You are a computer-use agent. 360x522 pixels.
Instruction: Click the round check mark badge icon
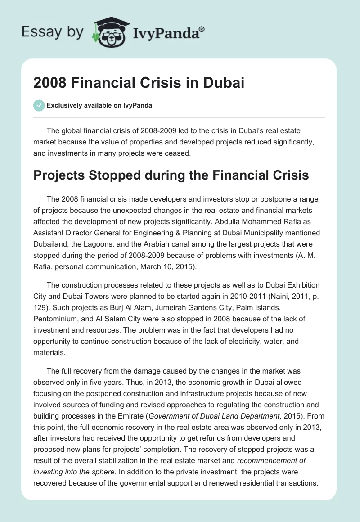(38, 105)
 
